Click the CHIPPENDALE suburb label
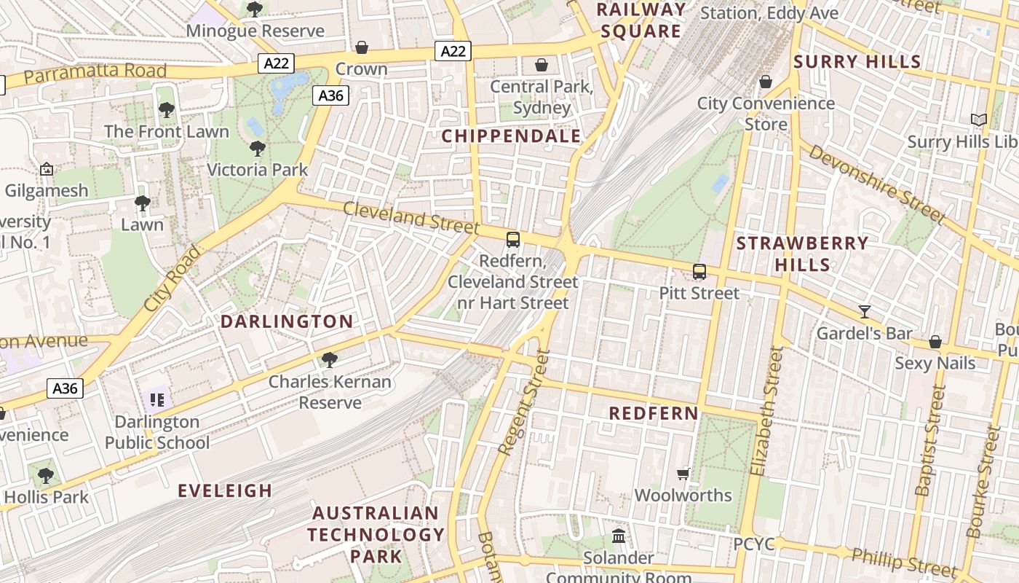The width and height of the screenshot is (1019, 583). [511, 136]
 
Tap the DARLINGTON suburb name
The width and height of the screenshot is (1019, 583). [287, 321]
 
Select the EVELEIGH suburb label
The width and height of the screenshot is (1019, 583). [226, 490]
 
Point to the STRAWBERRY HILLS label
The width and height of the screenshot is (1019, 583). [802, 253]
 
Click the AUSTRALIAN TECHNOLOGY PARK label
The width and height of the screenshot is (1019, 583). [376, 534]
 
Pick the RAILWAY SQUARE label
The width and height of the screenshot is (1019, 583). [641, 20]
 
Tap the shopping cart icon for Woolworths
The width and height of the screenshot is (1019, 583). [683, 474]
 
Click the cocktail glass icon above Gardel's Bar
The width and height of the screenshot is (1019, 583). [864, 312]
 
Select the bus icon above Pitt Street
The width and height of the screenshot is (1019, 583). [699, 272]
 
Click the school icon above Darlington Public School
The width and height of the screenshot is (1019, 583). [156, 399]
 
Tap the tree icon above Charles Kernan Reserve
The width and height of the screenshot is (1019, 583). [330, 359]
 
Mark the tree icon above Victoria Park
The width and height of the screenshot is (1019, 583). [257, 149]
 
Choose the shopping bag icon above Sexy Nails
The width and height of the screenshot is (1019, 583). [935, 342]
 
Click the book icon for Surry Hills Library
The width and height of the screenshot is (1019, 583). [979, 120]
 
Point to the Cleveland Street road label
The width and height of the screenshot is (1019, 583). [411, 218]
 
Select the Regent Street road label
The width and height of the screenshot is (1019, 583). [523, 403]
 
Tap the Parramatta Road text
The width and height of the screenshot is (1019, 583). [95, 73]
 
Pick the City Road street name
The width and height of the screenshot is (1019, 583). [172, 279]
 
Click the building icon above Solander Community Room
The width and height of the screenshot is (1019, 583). [619, 536]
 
